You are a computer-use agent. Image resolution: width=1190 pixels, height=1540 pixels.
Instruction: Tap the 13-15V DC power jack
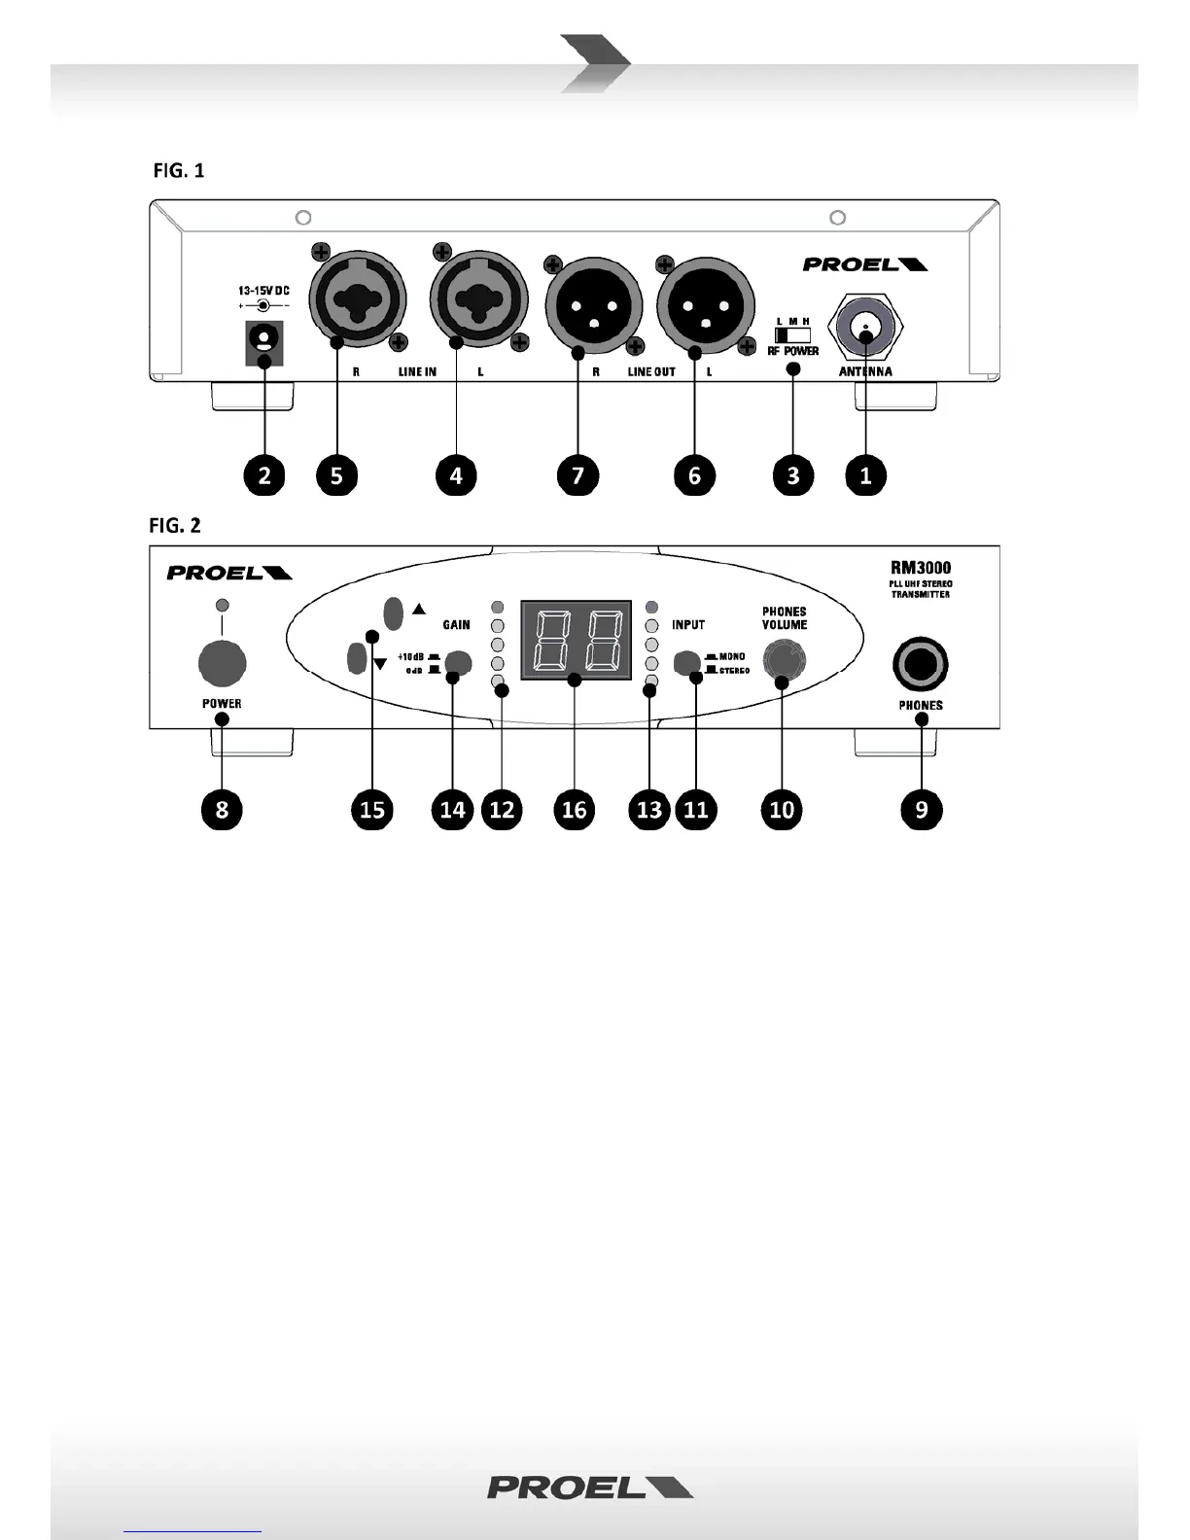[x=263, y=340]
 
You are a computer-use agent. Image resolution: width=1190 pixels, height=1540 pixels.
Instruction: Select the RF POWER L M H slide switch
[x=792, y=334]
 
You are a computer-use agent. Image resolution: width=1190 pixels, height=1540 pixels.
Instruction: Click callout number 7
[x=577, y=475]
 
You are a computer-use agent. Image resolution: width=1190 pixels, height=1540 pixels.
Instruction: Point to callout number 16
[x=575, y=809]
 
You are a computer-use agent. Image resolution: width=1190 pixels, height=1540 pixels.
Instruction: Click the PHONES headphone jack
[x=920, y=665]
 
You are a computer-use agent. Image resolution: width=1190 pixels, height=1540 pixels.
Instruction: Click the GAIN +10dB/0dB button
[x=456, y=663]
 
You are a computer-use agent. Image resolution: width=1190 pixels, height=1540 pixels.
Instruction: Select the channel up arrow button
[x=394, y=612]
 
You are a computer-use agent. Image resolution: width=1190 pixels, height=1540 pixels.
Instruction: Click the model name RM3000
[x=921, y=568]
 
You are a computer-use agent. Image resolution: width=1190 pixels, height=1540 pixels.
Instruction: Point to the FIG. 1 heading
[x=179, y=171]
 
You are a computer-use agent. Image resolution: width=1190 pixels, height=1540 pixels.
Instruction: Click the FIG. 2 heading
[x=175, y=526]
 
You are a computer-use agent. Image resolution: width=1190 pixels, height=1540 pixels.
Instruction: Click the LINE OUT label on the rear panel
[x=651, y=372]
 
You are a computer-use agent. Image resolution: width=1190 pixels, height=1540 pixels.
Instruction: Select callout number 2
[x=264, y=475]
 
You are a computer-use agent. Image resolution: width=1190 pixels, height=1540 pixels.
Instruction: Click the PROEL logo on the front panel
[x=229, y=573]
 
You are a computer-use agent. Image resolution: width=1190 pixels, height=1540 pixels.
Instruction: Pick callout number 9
[x=921, y=809]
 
